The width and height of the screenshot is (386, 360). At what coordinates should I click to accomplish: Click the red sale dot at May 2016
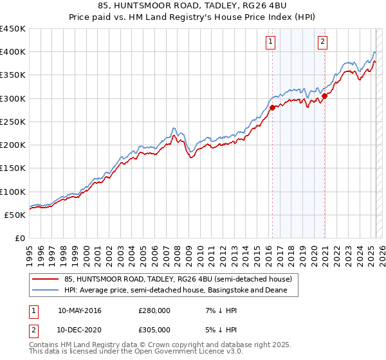(x=272, y=107)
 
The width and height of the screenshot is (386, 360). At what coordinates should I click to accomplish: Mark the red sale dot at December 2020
(x=325, y=96)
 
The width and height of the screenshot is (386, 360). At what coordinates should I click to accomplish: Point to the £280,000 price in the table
(x=154, y=310)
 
